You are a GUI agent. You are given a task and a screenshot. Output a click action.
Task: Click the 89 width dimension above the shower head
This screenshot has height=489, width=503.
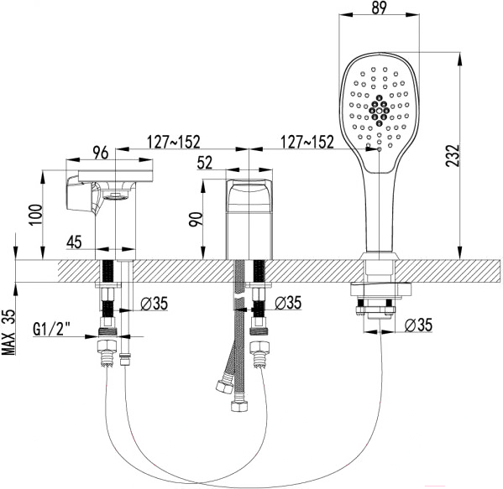tap(379, 8)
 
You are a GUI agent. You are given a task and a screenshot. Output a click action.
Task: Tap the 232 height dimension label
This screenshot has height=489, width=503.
tap(453, 156)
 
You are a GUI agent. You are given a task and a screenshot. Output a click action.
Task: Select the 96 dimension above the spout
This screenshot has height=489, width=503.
tap(101, 153)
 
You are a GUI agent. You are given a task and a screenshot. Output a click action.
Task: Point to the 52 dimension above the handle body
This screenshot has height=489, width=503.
tap(205, 163)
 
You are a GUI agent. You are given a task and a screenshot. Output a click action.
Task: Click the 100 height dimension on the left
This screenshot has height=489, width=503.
tap(35, 215)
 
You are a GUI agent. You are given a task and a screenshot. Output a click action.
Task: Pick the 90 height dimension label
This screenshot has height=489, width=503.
tap(196, 219)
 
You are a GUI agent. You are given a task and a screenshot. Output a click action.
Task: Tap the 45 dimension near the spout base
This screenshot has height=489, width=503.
tap(74, 242)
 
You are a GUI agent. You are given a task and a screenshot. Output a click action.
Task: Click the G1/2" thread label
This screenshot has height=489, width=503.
tap(52, 329)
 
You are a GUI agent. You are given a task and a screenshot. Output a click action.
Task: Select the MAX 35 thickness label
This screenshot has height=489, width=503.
tap(9, 332)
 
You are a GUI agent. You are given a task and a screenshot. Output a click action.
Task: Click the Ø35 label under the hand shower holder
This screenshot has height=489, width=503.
tap(418, 325)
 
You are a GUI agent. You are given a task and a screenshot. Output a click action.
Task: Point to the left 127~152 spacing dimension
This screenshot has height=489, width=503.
tap(173, 142)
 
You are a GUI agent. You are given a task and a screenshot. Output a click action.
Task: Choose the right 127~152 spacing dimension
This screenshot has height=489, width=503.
tap(307, 142)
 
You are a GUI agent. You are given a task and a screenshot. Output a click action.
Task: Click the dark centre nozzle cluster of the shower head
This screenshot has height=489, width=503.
tap(380, 111)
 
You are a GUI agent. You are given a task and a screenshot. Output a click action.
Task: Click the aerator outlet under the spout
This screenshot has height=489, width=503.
tap(116, 195)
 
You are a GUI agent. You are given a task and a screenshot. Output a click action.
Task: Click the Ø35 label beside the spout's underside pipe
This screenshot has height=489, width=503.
tap(154, 303)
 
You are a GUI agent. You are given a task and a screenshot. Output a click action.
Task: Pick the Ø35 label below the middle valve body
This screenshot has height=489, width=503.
tap(288, 303)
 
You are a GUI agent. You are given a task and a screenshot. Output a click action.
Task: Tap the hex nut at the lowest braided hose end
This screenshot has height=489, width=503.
tap(239, 406)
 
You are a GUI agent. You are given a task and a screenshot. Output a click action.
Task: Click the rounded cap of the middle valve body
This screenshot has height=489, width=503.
tap(249, 192)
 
